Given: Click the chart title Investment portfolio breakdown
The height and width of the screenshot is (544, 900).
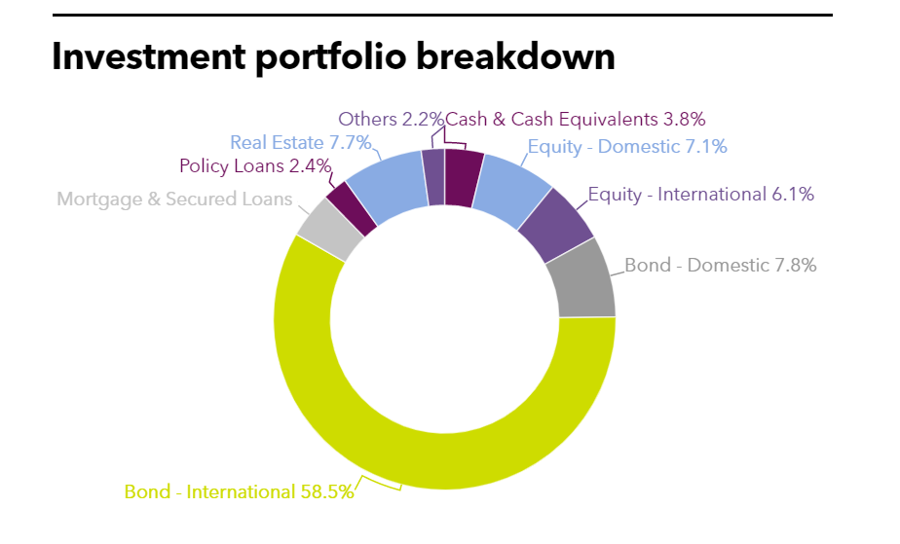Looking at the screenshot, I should coord(333,57).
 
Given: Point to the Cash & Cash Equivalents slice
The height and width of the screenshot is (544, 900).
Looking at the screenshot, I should coord(463,177).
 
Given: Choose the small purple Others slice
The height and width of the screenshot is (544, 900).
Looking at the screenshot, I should coord(433,176).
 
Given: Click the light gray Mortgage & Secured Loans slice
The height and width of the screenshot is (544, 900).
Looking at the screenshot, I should coord(319,229).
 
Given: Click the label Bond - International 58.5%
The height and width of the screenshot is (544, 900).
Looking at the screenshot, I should coord(239,491).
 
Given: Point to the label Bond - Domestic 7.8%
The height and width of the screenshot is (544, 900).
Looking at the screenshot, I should coord(720,265).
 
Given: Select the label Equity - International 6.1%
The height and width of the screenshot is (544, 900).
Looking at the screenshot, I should coord(701,195).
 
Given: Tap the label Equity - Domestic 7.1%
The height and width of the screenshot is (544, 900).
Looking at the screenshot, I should coord(627,147).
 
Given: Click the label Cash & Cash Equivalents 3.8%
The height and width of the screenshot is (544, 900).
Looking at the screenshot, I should coord(576,120).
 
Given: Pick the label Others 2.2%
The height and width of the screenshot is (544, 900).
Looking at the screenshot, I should coord(391,120).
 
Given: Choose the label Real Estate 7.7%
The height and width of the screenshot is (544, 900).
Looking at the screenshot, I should coord(301,143).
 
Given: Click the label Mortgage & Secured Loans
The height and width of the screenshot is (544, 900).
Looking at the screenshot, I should coord(174,199).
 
